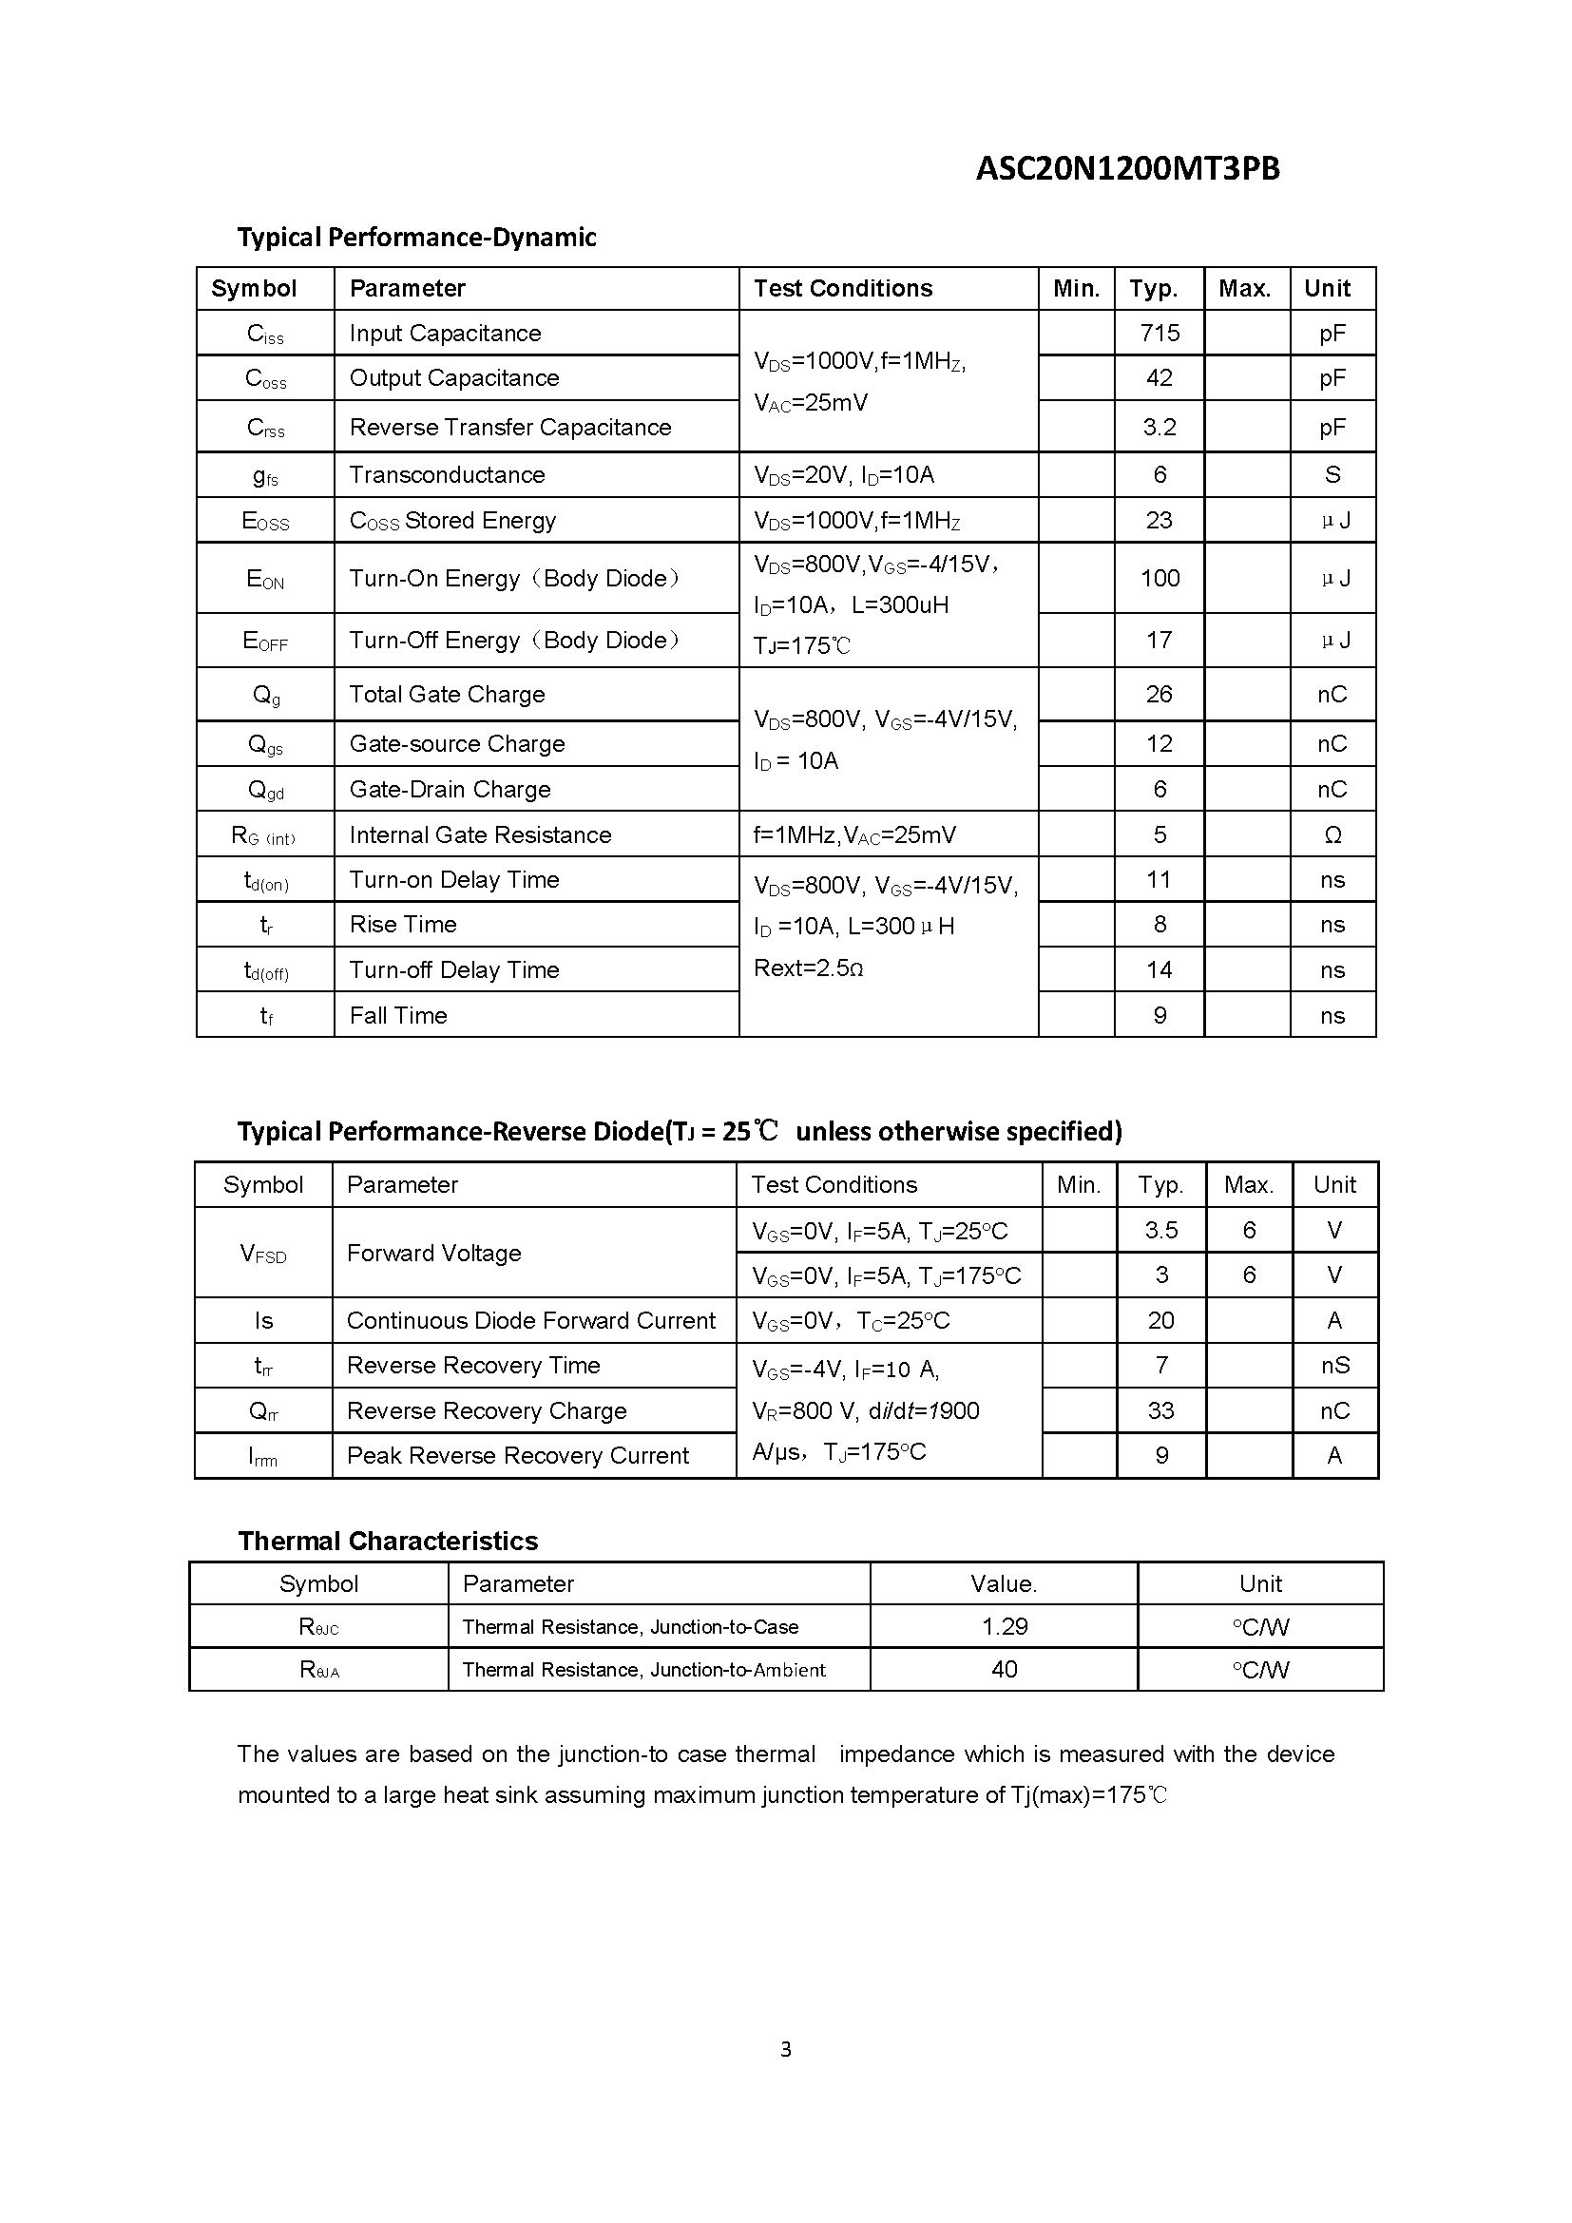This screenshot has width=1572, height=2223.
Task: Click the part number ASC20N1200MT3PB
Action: (x=1127, y=168)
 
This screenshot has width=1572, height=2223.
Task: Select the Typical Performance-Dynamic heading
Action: (x=416, y=238)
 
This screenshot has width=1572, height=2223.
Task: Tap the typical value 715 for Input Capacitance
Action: (x=1159, y=333)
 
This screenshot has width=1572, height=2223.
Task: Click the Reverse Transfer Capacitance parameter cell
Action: (x=510, y=427)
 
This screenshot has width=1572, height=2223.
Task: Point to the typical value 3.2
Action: (x=1159, y=427)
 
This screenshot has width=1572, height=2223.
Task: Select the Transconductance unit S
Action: (x=1332, y=474)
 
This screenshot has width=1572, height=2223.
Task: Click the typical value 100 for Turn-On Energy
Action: (x=1159, y=578)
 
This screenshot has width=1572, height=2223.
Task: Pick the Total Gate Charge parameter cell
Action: (x=447, y=694)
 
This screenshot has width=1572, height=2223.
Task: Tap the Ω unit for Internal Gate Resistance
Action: (x=1332, y=834)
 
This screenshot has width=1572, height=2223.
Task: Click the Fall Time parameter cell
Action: (x=398, y=1015)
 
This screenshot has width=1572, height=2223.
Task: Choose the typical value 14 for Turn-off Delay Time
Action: (x=1159, y=969)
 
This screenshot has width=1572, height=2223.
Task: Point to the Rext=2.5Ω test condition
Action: (x=808, y=968)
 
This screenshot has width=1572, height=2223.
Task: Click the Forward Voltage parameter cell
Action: (x=433, y=1253)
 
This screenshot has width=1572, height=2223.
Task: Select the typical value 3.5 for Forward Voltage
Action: (x=1160, y=1230)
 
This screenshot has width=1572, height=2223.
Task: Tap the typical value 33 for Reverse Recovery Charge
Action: (x=1160, y=1410)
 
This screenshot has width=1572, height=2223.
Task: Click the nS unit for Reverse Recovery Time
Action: (x=1334, y=1365)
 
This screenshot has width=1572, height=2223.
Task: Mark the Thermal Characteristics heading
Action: (x=387, y=1541)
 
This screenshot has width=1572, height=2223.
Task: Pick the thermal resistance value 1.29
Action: (x=1004, y=1626)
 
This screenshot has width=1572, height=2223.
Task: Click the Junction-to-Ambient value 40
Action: (x=1004, y=1669)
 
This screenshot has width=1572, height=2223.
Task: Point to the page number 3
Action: (x=785, y=2049)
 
